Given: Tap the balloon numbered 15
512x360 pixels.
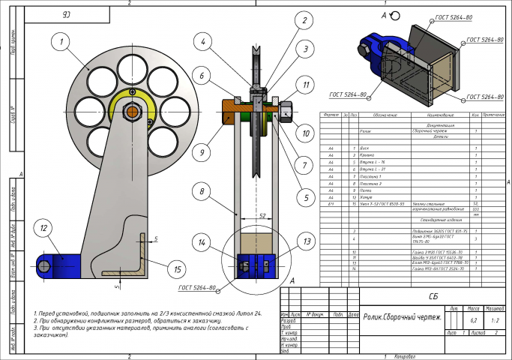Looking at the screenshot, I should click(177, 268).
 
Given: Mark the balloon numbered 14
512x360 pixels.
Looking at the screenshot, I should click(202, 242).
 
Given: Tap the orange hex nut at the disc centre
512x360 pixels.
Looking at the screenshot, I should click(132, 111).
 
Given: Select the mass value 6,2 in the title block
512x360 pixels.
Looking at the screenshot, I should click(473, 319).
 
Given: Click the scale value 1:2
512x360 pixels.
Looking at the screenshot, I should click(495, 319).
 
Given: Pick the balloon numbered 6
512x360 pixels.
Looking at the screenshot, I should click(202, 74).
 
